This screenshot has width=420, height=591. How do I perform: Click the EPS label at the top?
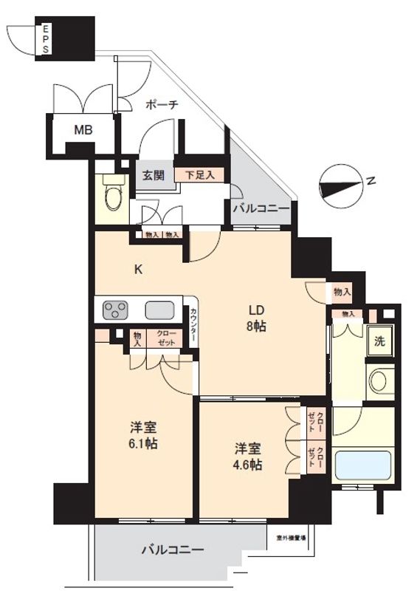click(x=46, y=39)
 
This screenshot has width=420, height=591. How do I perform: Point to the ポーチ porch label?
click(x=162, y=105)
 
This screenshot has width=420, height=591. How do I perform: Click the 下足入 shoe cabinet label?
click(x=199, y=175)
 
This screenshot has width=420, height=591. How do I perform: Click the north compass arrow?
click(x=348, y=184)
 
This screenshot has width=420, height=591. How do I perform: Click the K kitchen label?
click(x=138, y=270)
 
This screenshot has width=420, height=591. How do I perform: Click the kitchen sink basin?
click(x=159, y=310)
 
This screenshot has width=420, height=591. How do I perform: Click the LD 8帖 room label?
click(x=255, y=317)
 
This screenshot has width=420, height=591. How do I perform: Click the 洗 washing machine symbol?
click(x=379, y=342)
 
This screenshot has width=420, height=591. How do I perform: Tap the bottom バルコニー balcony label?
click(x=172, y=550)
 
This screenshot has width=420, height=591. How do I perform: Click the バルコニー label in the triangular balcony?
click(x=261, y=209)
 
